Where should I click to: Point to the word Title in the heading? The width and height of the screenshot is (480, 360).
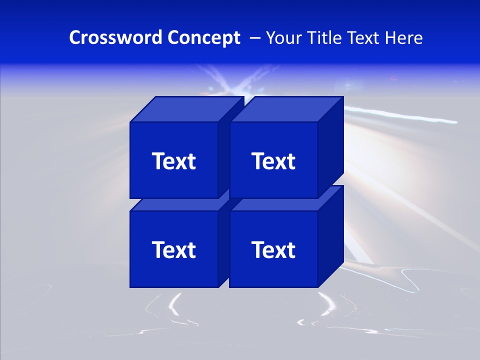coord(325,37)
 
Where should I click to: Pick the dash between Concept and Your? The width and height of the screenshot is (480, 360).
coord(254,38)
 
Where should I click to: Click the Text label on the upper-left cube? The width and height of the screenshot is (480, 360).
coord(173,161)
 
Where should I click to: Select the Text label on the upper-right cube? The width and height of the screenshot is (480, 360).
coord(273,161)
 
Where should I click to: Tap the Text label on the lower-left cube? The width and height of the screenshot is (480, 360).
coord(173,249)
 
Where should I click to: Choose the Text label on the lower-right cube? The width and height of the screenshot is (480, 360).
coord(273,249)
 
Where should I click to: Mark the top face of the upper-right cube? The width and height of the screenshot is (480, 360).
coord(286,109)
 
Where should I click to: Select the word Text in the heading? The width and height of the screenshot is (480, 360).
coord(363,37)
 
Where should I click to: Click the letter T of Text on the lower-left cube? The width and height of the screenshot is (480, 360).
coord(159,249)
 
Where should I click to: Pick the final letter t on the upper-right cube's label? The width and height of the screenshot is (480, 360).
coord(290,161)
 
